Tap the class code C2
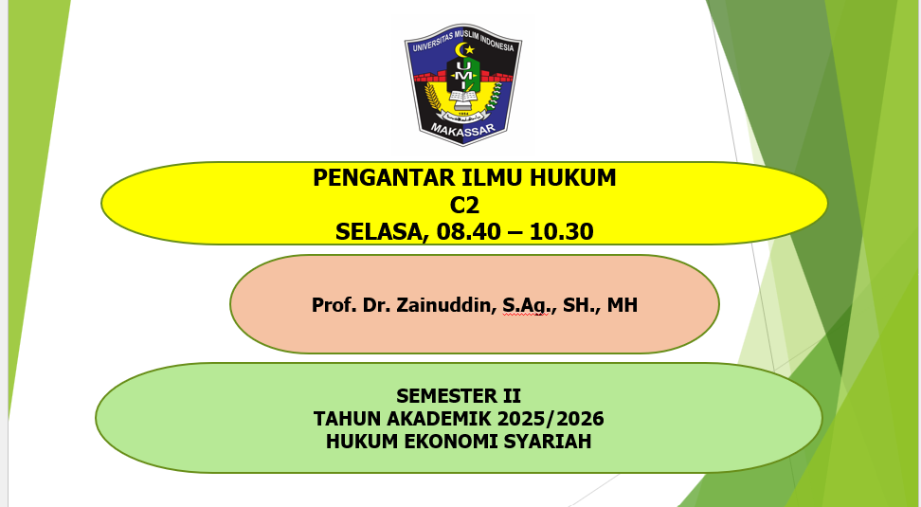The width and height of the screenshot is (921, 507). [x=464, y=205]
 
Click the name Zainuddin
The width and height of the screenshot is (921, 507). [x=441, y=305]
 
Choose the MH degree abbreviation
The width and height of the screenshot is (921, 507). [x=623, y=305]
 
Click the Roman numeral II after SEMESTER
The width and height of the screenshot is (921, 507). [x=511, y=396]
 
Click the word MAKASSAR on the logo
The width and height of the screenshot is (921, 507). [x=462, y=130]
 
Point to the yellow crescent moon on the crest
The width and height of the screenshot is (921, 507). [x=462, y=49]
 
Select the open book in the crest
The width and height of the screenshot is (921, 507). [x=463, y=96]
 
